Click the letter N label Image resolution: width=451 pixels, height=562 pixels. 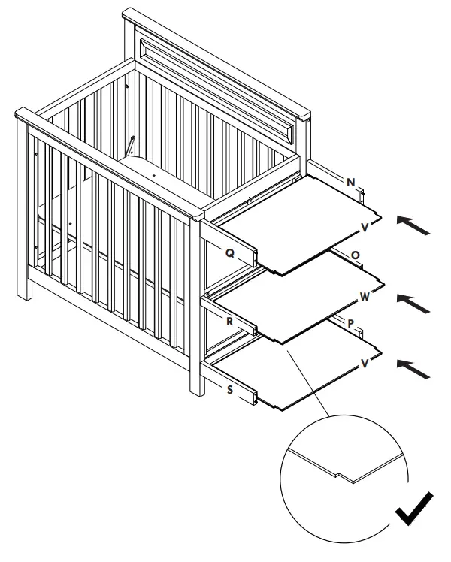(351, 183)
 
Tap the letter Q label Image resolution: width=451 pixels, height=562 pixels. (230, 253)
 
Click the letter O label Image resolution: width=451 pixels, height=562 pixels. (355, 255)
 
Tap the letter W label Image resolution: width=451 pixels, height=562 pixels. (365, 297)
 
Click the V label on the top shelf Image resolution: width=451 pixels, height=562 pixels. (365, 226)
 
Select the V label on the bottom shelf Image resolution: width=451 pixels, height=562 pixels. (365, 362)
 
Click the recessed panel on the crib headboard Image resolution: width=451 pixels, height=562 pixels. (225, 83)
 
